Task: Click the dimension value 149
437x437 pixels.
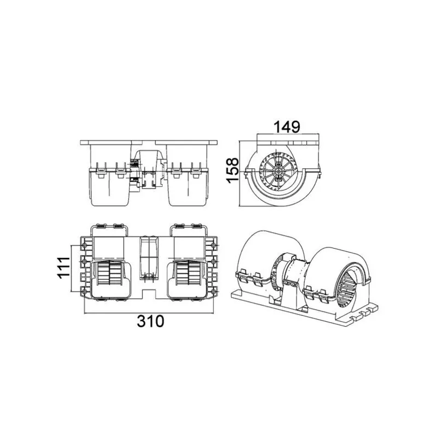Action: (x=287, y=127)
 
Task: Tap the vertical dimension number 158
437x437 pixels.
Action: (x=233, y=170)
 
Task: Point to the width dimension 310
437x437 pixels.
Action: (x=151, y=321)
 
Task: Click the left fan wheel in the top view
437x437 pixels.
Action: (x=110, y=273)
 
